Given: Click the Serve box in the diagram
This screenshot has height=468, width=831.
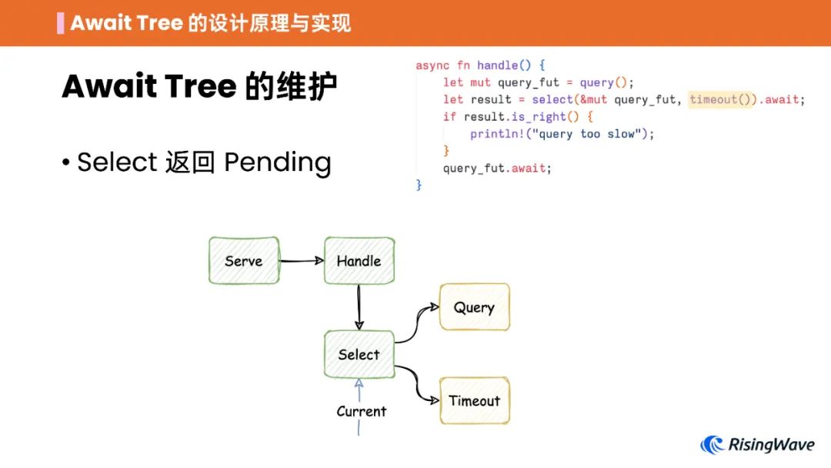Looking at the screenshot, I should [x=243, y=261].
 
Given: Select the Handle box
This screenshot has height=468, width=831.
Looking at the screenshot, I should [x=359, y=261].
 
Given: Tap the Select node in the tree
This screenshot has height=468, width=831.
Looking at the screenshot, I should [x=359, y=355].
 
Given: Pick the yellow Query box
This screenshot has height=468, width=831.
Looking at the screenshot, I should [x=474, y=308].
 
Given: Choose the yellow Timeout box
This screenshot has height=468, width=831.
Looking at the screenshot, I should [x=474, y=400].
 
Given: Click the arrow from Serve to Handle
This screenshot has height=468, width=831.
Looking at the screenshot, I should [x=302, y=261].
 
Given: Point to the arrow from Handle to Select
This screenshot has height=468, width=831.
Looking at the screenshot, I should [x=359, y=307].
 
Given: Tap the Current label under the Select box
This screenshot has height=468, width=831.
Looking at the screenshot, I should [x=361, y=411].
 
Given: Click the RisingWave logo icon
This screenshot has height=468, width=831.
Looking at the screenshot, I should [x=712, y=444].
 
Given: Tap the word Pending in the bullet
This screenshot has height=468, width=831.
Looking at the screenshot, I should [x=278, y=162].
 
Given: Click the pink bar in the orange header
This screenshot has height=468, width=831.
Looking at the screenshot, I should [x=60, y=23].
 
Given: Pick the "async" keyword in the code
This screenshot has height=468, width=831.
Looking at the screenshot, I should [x=432, y=65].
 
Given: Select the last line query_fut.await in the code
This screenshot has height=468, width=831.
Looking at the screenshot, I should [x=497, y=168].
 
